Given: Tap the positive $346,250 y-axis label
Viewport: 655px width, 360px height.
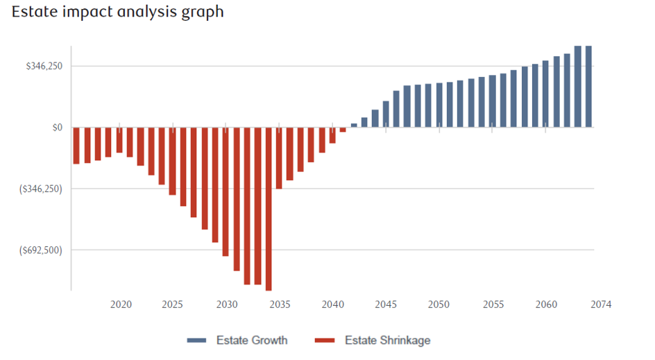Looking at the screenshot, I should point(44,67).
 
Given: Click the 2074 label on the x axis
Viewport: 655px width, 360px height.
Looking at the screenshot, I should point(601,305).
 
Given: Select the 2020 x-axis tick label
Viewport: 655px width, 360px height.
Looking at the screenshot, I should point(121,305).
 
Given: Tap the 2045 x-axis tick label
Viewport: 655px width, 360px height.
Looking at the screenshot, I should point(386,305).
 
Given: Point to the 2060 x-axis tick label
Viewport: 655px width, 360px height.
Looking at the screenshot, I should point(546,305).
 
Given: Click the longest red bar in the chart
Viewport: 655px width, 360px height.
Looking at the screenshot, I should point(269,208).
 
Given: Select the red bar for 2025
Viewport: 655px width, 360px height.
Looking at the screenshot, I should point(173,161).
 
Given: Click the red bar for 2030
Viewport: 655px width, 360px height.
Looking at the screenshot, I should point(226,191).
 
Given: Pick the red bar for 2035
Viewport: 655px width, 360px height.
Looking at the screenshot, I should point(279,158).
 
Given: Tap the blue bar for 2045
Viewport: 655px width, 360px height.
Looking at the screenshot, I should point(386,114).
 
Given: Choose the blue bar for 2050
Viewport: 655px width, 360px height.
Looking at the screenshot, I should point(439,105).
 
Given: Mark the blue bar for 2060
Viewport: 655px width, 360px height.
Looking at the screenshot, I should point(546,94).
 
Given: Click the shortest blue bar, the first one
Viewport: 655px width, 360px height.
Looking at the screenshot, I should point(354,126).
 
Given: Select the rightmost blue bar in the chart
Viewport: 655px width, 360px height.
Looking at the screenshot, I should point(588,87).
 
